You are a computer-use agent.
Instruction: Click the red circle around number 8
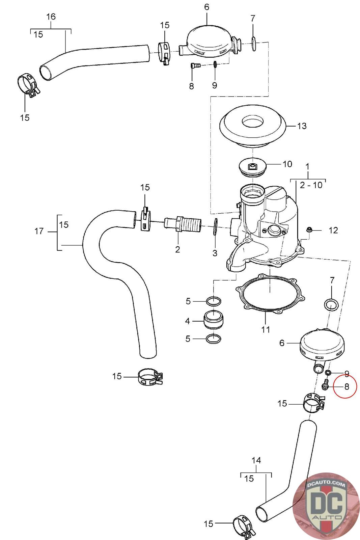tap(344, 386)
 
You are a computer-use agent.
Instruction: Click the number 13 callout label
tap(302, 126)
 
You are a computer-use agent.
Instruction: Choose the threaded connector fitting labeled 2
tap(183, 224)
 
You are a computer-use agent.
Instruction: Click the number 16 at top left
tap(51, 17)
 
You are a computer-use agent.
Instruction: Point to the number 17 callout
tap(39, 231)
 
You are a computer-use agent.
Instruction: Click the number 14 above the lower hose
tap(256, 460)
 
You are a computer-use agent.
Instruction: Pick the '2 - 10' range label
tap(311, 185)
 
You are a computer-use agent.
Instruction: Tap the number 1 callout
tap(307, 166)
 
